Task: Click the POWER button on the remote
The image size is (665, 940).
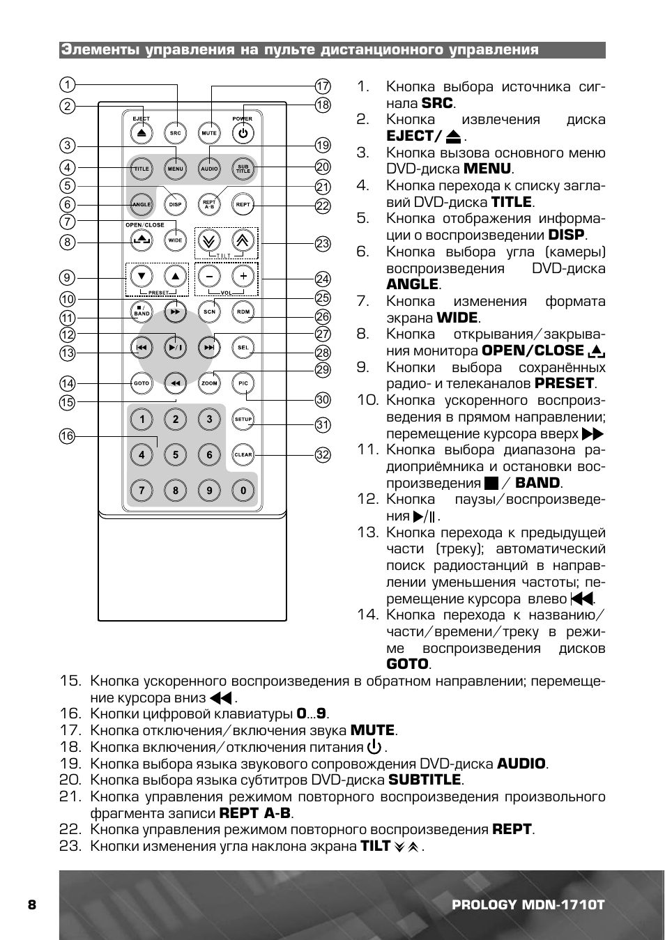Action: pos(243,132)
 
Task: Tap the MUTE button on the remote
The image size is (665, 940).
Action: pos(209,132)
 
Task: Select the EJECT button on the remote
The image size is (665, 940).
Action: pos(142,132)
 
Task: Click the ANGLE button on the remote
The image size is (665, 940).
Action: pos(142,205)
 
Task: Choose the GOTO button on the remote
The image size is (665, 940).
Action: pos(142,383)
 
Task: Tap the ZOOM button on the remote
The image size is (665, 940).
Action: pos(209,383)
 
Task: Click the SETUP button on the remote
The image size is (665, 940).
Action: pos(243,419)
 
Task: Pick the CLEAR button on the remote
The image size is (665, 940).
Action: pos(243,454)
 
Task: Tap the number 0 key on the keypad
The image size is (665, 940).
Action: pos(243,491)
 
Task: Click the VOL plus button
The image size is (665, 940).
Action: pos(243,276)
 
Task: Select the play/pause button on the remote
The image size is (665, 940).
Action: pos(176,346)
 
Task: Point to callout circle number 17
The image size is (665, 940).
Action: pos(322,86)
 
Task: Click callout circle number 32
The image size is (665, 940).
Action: pos(322,455)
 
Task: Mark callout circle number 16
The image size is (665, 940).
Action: pos(67,436)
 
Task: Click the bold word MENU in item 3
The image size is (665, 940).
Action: pos(487,169)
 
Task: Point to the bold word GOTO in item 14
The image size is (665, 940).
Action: pos(407,664)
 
